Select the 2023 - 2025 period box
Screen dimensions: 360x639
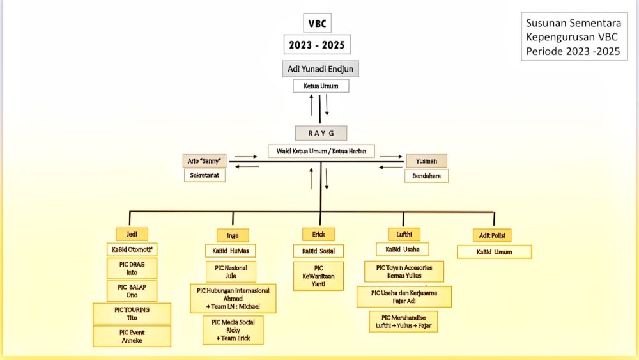coord(318,45)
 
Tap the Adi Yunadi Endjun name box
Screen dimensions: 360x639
coord(320,68)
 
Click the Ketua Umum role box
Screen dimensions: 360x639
coord(320,86)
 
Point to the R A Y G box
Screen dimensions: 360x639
coord(321,133)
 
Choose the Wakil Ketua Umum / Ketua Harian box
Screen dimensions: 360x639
coord(321,151)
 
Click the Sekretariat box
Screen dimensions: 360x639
coord(204,175)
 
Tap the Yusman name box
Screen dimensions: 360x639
coord(426,161)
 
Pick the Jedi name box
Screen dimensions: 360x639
coord(132,234)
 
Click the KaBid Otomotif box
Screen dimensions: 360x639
coord(132,249)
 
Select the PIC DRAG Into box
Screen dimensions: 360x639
coord(132,268)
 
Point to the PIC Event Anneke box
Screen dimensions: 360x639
coord(132,336)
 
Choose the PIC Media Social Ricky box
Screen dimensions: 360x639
coord(233,330)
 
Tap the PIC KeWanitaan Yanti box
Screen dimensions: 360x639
coord(318,276)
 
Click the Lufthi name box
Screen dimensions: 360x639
coord(404,234)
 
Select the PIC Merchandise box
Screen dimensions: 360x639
coord(403,322)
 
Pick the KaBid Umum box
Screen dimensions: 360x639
coord(494,252)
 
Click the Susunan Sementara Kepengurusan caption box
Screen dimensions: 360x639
coord(573,37)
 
